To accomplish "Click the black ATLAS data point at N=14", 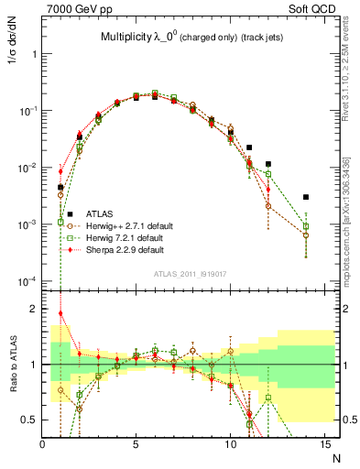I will (306, 197).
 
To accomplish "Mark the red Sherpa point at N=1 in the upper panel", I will (60, 171).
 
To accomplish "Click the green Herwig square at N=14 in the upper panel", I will (306, 226).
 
